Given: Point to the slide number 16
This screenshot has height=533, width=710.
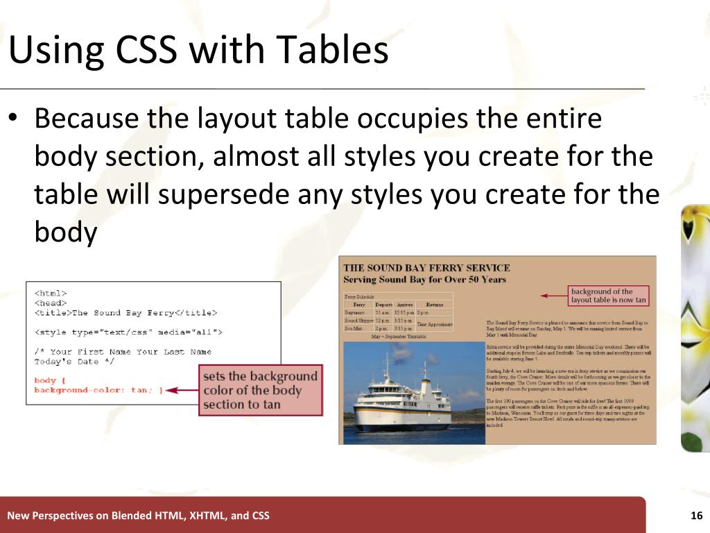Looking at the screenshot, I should (x=697, y=516).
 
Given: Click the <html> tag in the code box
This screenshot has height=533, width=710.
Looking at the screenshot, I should (x=50, y=293).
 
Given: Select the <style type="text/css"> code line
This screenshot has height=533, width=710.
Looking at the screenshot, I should (x=128, y=332).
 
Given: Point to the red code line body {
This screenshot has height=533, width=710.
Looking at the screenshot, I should (x=48, y=380).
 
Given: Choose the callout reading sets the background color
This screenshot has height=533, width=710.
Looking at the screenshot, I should (x=260, y=390).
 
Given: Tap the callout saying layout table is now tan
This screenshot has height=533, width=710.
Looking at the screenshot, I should (x=608, y=296).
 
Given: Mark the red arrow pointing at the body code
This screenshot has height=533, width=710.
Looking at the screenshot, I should (x=182, y=391).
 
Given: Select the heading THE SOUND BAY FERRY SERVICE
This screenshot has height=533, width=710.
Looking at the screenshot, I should (x=426, y=268).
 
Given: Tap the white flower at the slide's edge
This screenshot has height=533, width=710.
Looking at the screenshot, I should (x=695, y=326).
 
